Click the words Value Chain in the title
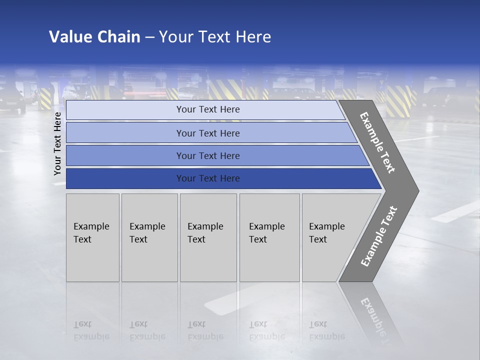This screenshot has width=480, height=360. coord(94,37)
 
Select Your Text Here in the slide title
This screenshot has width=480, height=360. coord(215,37)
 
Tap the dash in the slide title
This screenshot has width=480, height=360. coord(149,37)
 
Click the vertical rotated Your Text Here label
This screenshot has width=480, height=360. coord(58,144)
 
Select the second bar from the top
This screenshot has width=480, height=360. coord(208,133)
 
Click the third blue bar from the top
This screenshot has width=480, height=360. coord(208,155)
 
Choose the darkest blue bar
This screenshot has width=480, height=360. coord(208,178)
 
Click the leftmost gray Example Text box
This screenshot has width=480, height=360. coord(92,237)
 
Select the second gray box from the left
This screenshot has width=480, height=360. coord(149,237)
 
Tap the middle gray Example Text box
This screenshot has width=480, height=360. coord(208,237)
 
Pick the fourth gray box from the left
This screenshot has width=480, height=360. coord(269,237)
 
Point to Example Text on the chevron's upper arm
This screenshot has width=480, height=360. coord(377,142)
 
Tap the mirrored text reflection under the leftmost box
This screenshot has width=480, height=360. coord(91,330)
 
